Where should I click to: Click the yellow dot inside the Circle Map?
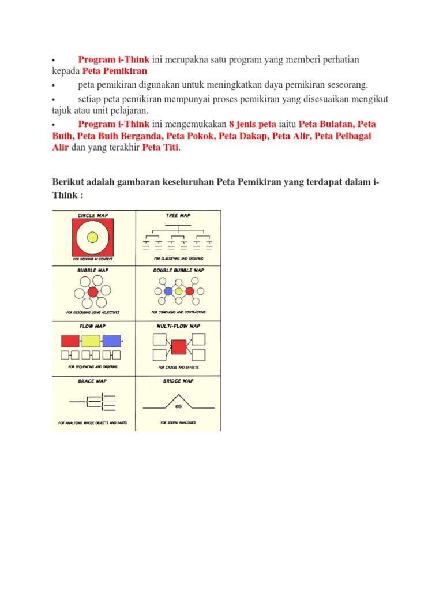pyautogui.click(x=92, y=237)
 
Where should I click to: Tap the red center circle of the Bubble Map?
pyautogui.click(x=93, y=292)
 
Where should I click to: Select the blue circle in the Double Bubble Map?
pyautogui.click(x=168, y=291)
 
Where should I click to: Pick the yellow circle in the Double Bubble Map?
pyautogui.click(x=179, y=291)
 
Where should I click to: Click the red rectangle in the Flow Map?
pyautogui.click(x=70, y=341)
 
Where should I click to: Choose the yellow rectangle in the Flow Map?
pyautogui.click(x=91, y=341)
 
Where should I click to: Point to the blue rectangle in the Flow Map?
pyautogui.click(x=112, y=341)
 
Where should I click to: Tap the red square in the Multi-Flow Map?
pyautogui.click(x=179, y=347)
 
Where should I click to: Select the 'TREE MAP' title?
pyautogui.click(x=178, y=215)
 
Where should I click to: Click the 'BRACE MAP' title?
pyautogui.click(x=92, y=381)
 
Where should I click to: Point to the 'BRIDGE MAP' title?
pyautogui.click(x=178, y=381)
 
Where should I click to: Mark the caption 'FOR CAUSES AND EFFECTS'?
pyautogui.click(x=178, y=367)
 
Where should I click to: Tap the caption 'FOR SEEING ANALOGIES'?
pyautogui.click(x=178, y=422)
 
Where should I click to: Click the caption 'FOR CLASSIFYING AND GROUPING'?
pyautogui.click(x=178, y=259)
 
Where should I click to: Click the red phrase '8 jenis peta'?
pyautogui.click(x=253, y=124)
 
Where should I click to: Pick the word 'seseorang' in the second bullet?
pyautogui.click(x=347, y=85)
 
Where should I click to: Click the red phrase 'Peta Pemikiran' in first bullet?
pyautogui.click(x=115, y=71)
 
